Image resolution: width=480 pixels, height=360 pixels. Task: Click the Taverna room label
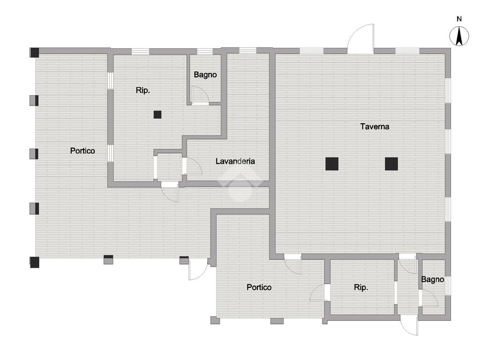click(375, 126)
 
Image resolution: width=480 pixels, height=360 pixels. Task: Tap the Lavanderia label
click(235, 161)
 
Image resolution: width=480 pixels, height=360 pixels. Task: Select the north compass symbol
click(459, 37)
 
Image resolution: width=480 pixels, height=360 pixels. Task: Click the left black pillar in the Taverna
click(332, 164)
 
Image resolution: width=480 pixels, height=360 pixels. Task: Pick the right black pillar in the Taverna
click(391, 164)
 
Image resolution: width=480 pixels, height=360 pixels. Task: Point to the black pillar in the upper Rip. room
click(157, 114)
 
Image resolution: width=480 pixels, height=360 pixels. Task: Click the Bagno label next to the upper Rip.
click(205, 75)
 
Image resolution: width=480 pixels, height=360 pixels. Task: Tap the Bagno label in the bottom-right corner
click(432, 279)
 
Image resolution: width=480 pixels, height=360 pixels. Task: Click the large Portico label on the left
click(82, 150)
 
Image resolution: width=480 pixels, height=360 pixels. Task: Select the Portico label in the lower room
click(259, 287)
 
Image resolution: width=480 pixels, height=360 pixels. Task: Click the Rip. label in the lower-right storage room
click(361, 287)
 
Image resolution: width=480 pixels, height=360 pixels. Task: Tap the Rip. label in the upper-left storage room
click(143, 90)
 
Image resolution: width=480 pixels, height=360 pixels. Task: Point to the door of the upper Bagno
click(201, 96)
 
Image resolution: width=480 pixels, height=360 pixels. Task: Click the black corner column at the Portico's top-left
click(34, 52)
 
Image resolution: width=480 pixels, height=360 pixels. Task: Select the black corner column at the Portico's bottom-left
click(34, 262)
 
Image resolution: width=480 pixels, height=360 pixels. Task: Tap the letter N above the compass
click(459, 19)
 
